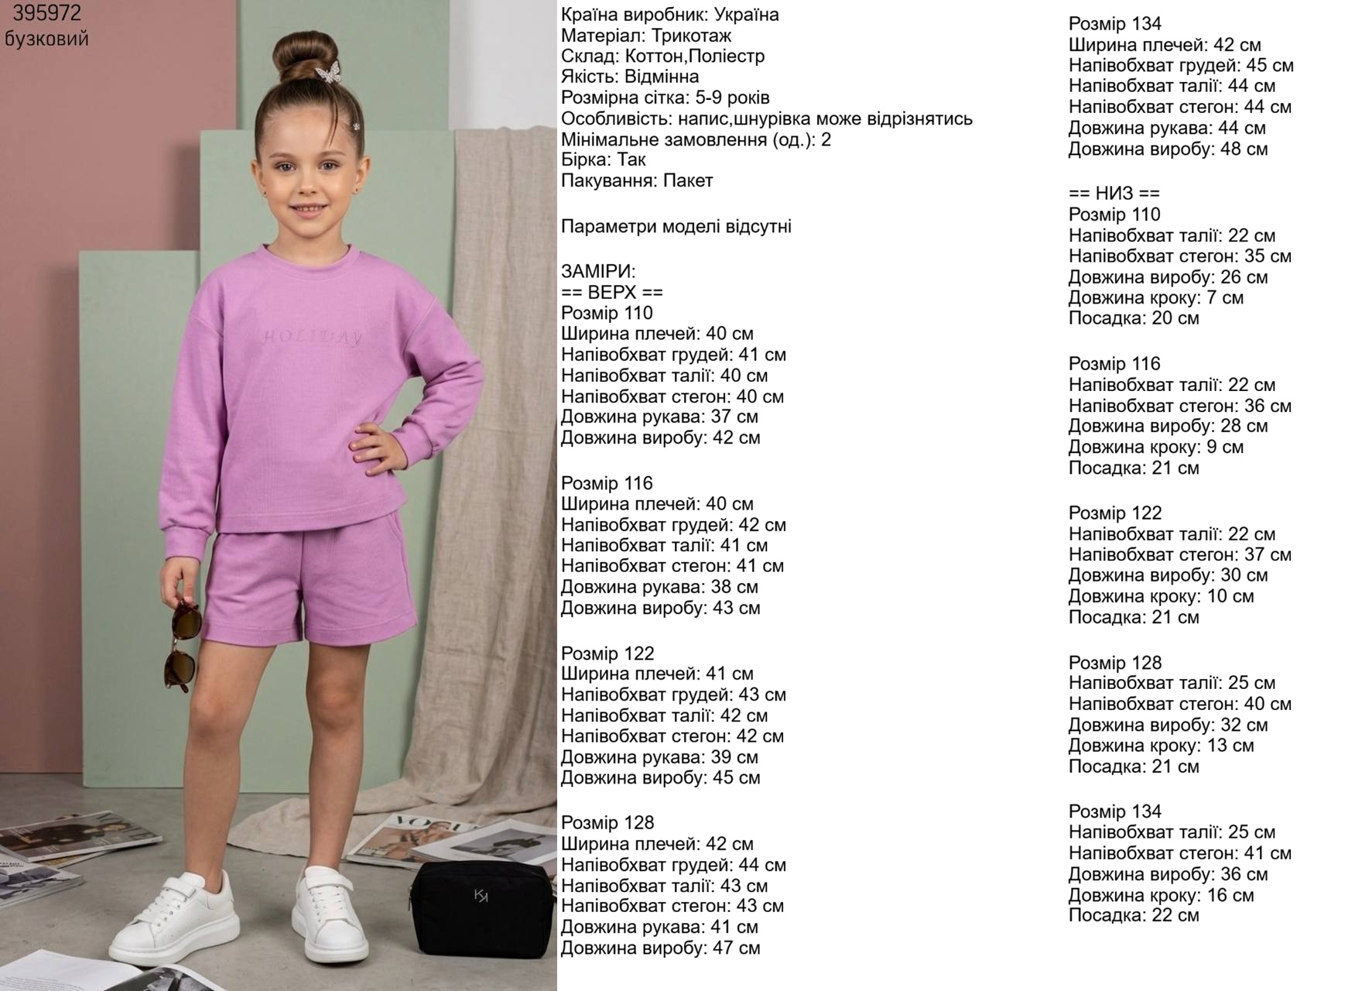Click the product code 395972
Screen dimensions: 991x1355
[x=46, y=14]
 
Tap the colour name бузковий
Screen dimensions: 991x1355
[x=46, y=39]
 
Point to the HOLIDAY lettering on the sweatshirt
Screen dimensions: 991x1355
[x=312, y=338]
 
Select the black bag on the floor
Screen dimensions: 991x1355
[x=482, y=909]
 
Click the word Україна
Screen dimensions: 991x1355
[x=747, y=15]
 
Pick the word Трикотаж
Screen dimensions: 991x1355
[x=691, y=36]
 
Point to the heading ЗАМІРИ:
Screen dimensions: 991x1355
[x=597, y=272]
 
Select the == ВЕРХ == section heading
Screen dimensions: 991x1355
[x=611, y=293]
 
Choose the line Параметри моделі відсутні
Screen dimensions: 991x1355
[x=676, y=227]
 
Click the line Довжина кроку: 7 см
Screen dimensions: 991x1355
[x=1155, y=298]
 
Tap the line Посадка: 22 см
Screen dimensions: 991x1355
[x=1134, y=916]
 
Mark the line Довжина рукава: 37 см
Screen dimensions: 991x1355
[x=659, y=417]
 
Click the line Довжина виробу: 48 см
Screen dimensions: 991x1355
[x=1168, y=149]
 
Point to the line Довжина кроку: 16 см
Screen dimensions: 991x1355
[x=1161, y=895]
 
